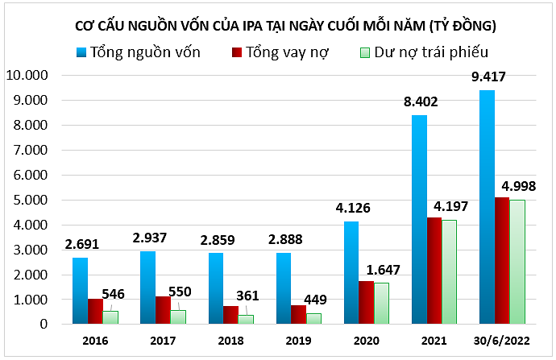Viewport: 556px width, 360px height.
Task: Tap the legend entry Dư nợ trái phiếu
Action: tap(424, 53)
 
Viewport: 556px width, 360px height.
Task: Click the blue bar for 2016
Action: tap(80, 291)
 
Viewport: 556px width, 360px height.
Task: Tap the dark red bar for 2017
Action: tap(163, 310)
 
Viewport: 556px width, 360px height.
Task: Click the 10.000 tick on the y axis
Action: tap(28, 76)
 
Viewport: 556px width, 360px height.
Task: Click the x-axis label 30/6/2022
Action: tap(502, 339)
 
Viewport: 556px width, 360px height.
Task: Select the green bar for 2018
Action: tap(246, 319)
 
